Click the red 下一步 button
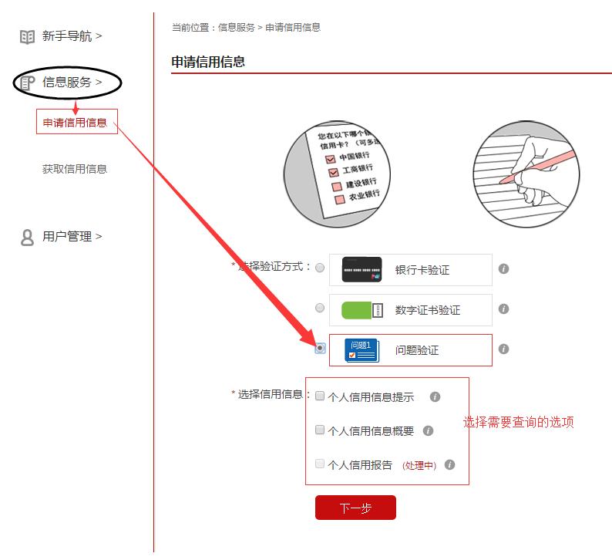click(x=355, y=508)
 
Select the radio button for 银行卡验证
click(x=320, y=268)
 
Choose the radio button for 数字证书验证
click(x=320, y=308)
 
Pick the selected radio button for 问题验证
click(x=320, y=349)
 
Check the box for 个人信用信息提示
click(x=320, y=396)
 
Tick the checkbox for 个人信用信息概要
click(x=320, y=430)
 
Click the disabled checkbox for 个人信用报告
click(x=320, y=464)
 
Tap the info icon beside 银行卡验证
click(x=503, y=268)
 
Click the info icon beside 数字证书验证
click(x=503, y=309)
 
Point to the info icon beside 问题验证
click(x=503, y=349)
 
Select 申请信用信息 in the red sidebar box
click(x=75, y=122)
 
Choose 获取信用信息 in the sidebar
click(x=75, y=169)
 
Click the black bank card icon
click(x=361, y=269)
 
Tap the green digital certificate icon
click(x=361, y=310)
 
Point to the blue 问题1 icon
click(x=361, y=350)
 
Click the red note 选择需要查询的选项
click(x=518, y=422)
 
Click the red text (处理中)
click(x=419, y=465)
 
